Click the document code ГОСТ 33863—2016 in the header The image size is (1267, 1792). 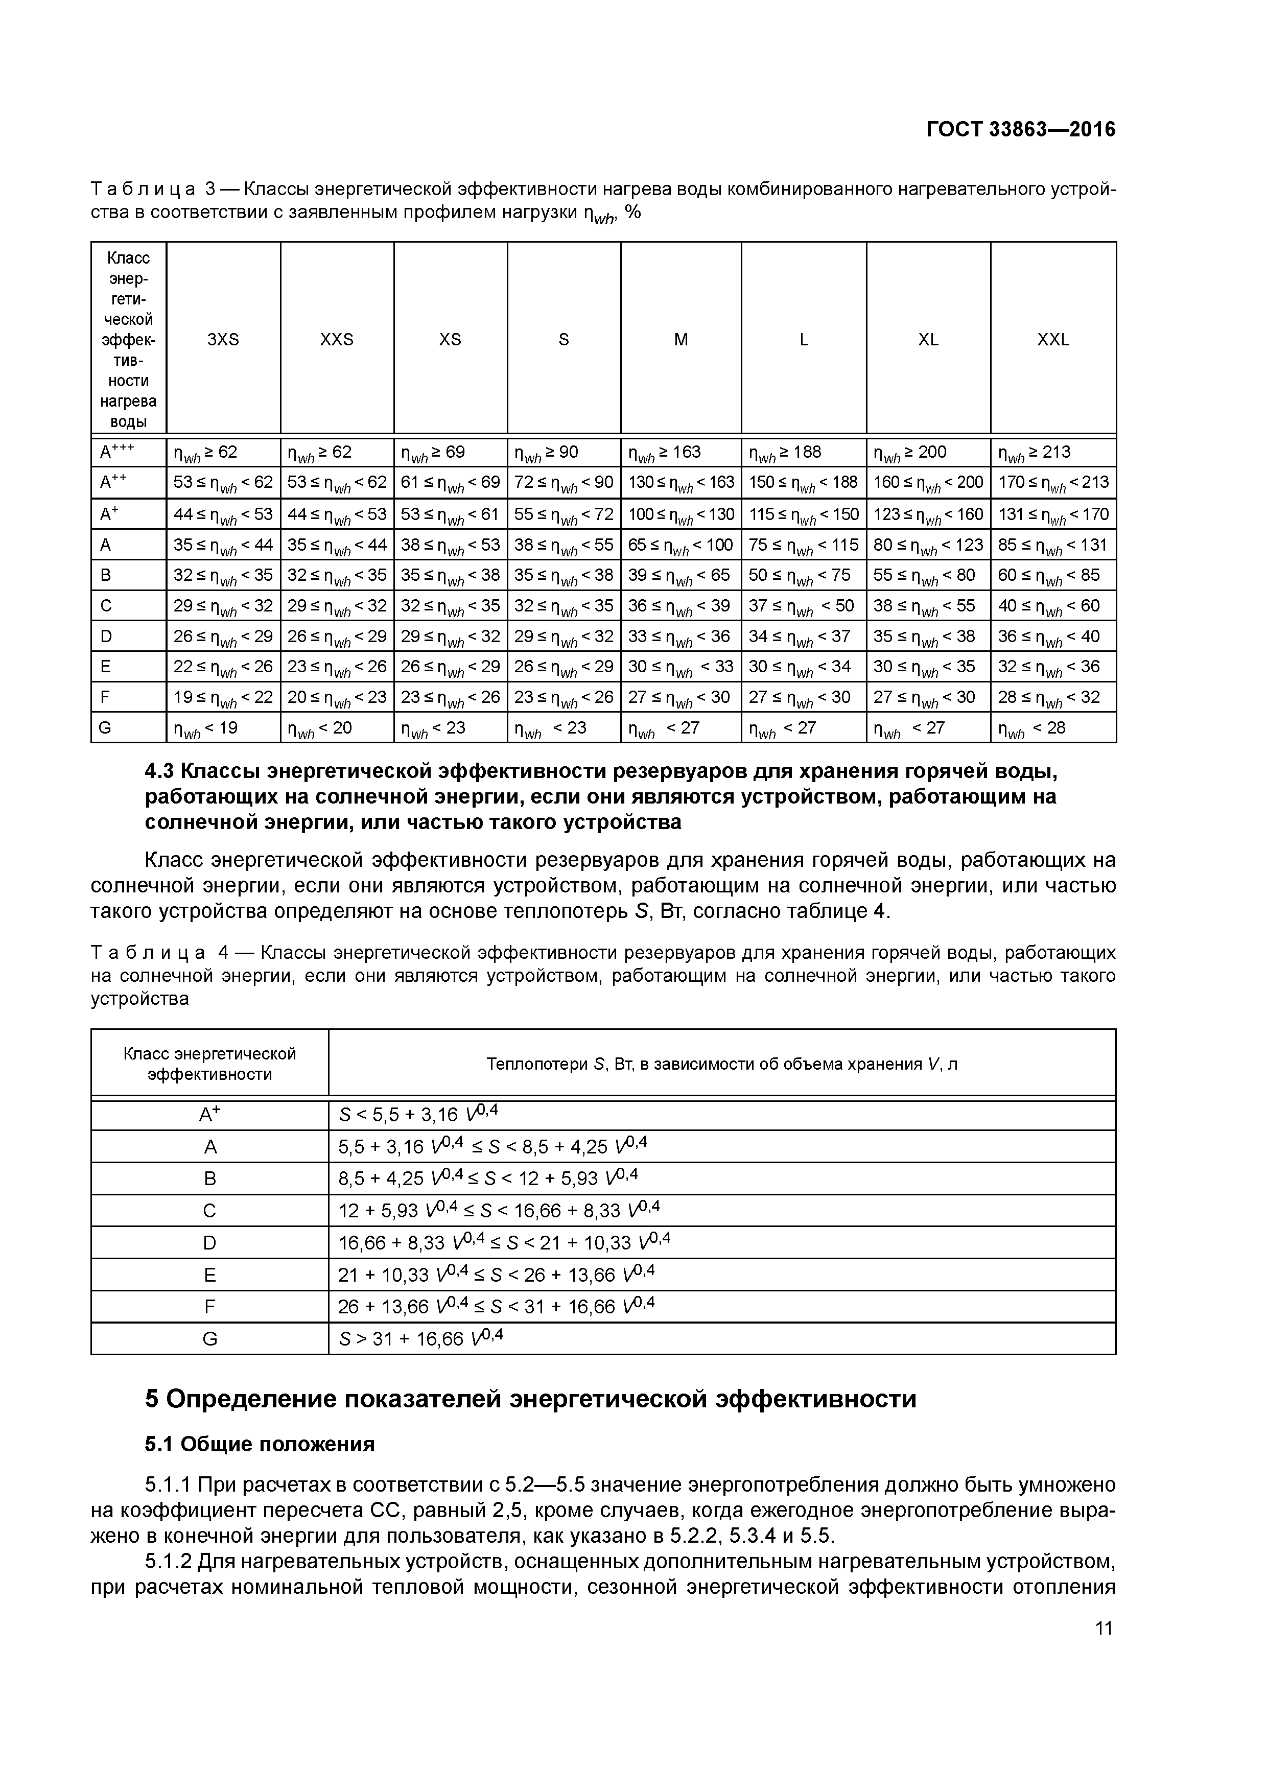point(1020,130)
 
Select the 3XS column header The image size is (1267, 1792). point(223,340)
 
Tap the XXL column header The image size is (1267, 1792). point(1052,340)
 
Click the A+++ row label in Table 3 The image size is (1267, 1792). point(117,452)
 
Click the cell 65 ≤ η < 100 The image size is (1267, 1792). point(681,545)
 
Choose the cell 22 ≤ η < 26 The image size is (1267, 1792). point(223,667)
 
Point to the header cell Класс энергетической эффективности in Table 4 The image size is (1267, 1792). point(209,1064)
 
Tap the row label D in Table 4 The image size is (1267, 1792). point(209,1242)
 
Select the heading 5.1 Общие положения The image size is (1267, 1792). point(260,1445)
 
